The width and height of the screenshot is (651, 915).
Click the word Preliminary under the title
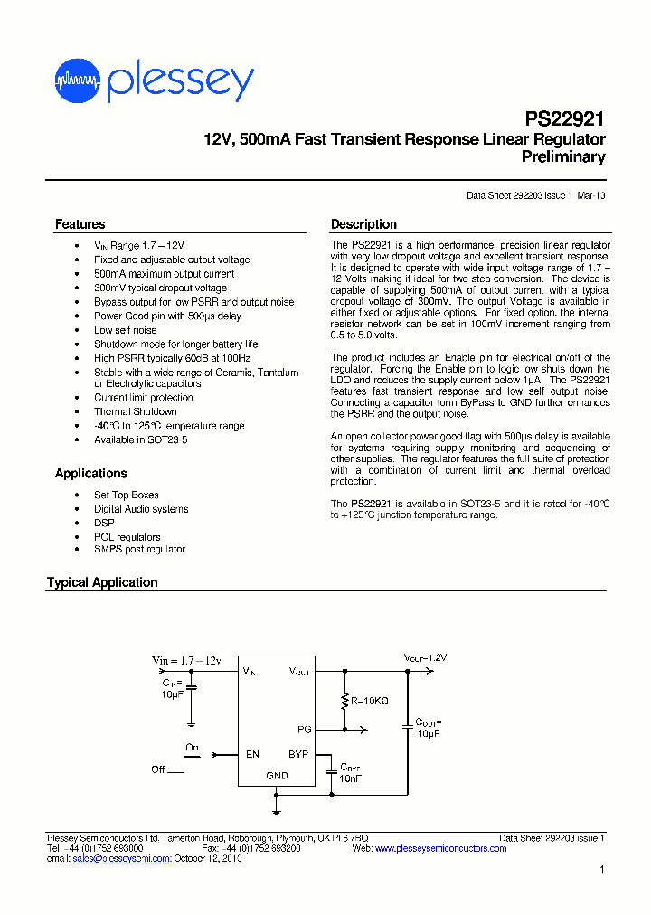pyautogui.click(x=563, y=156)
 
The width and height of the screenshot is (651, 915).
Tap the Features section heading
pyautogui.click(x=80, y=224)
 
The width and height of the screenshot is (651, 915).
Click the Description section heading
pyautogui.click(x=363, y=224)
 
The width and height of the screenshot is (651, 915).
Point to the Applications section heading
pyautogui.click(x=91, y=473)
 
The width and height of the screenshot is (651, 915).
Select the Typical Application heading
pyautogui.click(x=102, y=582)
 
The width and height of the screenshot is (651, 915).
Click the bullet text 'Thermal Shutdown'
pyautogui.click(x=136, y=411)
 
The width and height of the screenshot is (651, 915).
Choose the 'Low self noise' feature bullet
pyautogui.click(x=126, y=330)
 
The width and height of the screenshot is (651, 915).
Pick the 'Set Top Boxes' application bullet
pyautogui.click(x=127, y=495)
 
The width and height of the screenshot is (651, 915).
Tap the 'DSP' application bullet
pyautogui.click(x=104, y=523)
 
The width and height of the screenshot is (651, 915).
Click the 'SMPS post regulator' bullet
pyautogui.click(x=139, y=549)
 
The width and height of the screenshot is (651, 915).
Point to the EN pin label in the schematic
pyautogui.click(x=252, y=753)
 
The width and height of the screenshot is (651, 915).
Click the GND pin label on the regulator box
pyautogui.click(x=277, y=775)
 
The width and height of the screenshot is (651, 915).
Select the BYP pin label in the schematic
pyautogui.click(x=298, y=753)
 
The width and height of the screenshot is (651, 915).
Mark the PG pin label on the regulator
pyautogui.click(x=304, y=729)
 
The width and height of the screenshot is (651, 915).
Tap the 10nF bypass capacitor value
pyautogui.click(x=350, y=778)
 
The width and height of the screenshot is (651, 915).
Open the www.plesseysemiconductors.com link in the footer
pyautogui.click(x=440, y=848)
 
